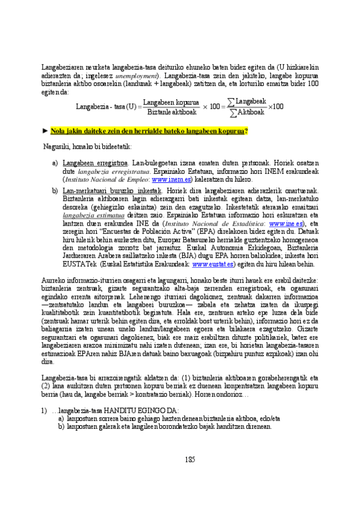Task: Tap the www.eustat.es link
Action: (x=210, y=263)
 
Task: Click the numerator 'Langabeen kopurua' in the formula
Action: (x=171, y=102)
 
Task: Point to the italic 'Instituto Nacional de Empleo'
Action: (x=106, y=179)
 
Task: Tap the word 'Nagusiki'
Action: (x=58, y=146)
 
